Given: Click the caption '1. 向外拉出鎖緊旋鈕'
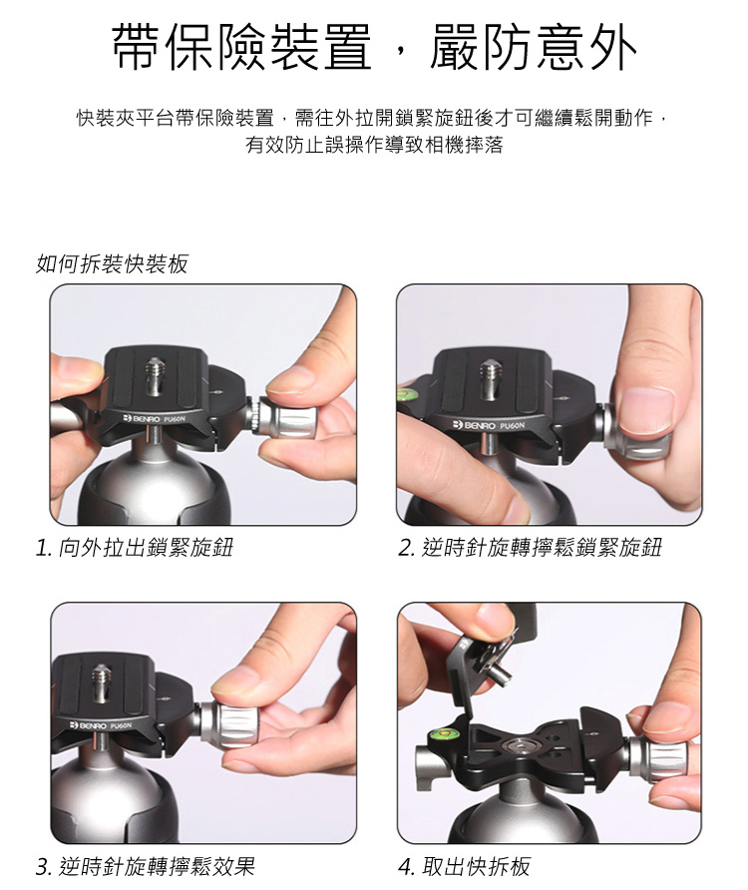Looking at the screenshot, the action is point(134,548).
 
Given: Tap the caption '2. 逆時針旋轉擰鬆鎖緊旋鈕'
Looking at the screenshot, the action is point(530,548).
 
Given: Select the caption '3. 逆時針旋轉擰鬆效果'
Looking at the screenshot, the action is point(146,866).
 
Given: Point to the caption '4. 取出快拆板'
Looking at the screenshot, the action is point(464,866).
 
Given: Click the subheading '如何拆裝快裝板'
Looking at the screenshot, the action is point(112,264).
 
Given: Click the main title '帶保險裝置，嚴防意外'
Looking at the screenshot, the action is point(375,47).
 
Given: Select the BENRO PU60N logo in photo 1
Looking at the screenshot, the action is point(155,419).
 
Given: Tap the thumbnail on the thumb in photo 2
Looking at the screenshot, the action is point(646,410).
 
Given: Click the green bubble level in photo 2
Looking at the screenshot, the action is point(408,393).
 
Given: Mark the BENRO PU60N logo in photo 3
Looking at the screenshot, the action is point(100,726).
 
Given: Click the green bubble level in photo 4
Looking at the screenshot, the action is point(444,735).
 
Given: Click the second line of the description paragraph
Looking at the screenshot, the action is point(374,146).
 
